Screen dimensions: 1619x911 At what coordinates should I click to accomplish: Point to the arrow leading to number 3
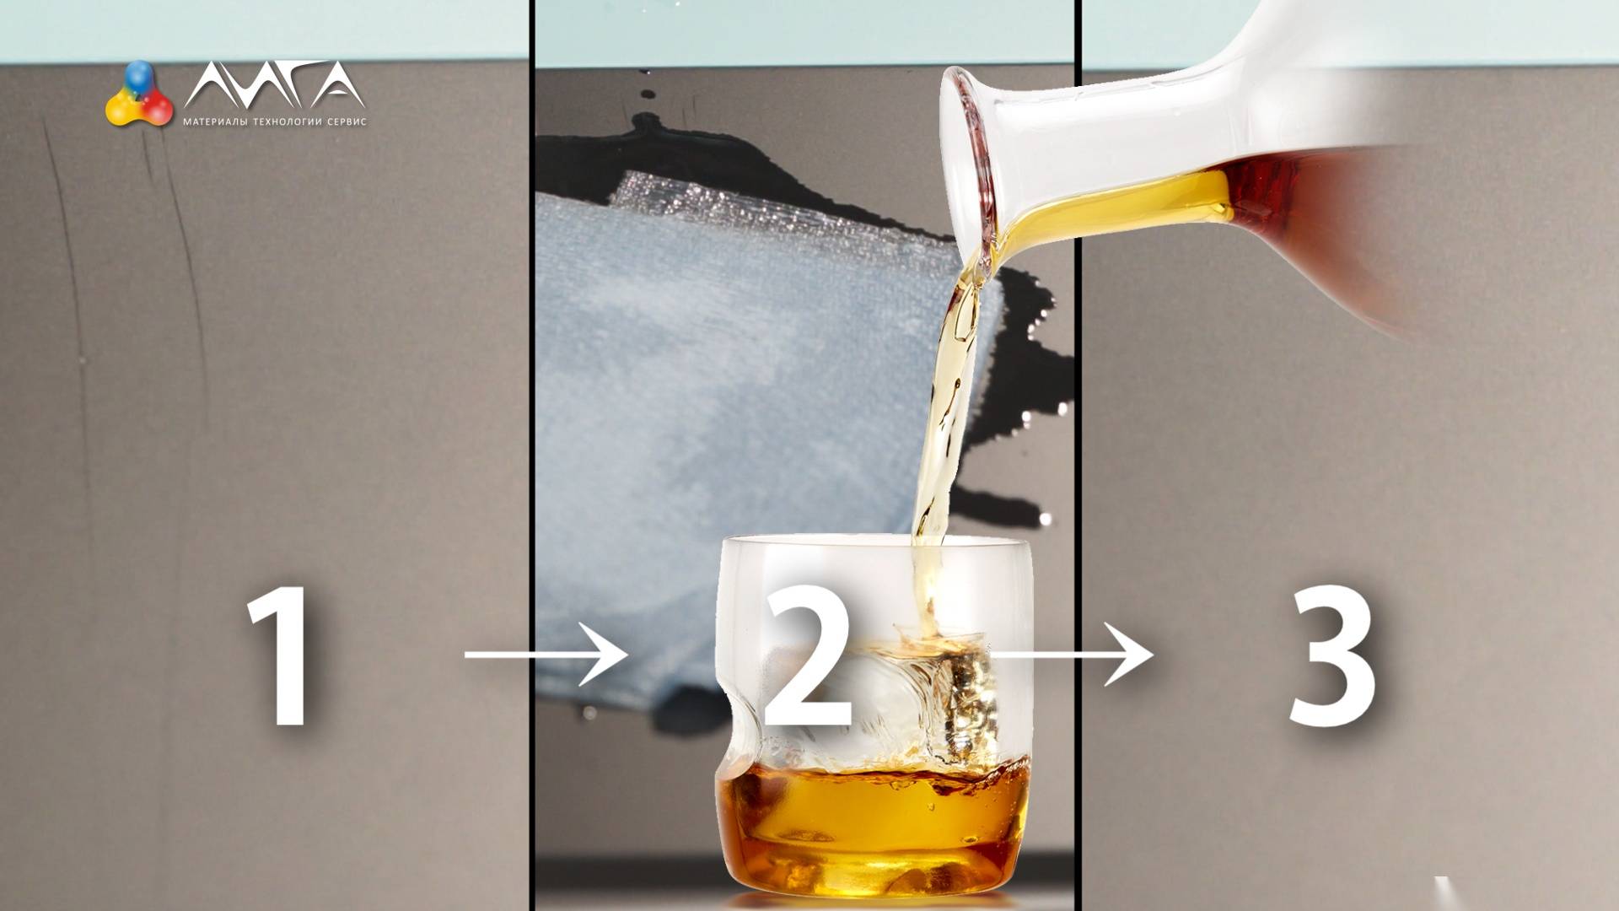click(1071, 655)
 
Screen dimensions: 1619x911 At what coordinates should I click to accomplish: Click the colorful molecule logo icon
click(139, 94)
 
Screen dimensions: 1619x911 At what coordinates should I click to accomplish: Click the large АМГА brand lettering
click(275, 84)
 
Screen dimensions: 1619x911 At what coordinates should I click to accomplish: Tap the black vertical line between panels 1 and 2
click(532, 455)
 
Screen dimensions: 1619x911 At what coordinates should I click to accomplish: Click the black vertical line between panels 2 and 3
click(1078, 455)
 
